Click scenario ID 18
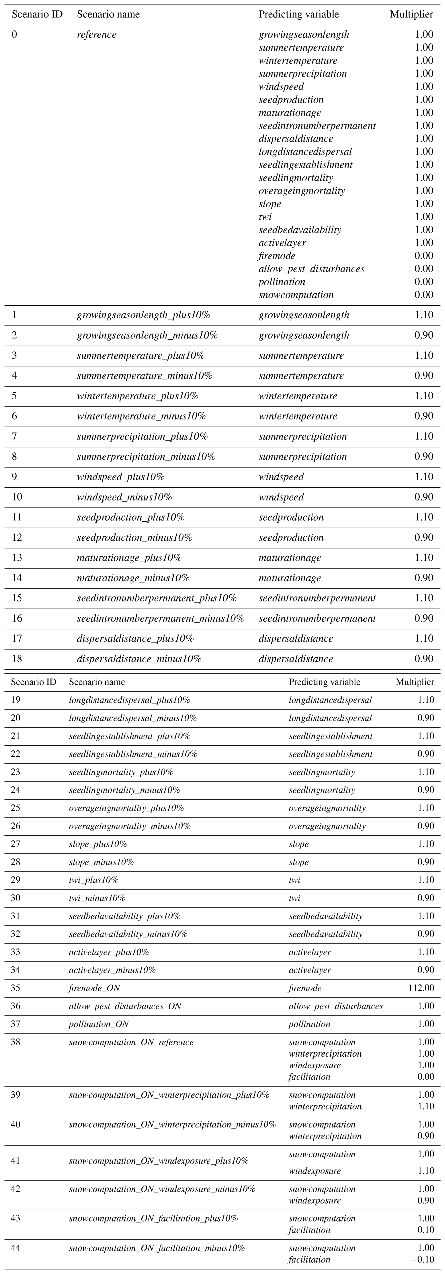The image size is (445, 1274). pos(17,659)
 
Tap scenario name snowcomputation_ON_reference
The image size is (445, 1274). pos(131,1042)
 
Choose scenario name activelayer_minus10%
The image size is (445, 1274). pos(112,970)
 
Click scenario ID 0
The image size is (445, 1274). pos(14,35)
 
